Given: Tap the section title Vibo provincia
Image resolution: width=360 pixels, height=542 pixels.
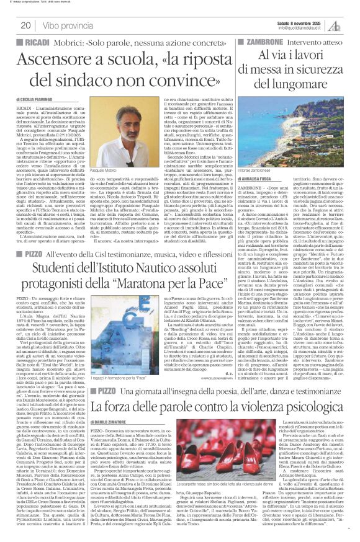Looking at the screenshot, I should (x=62, y=25).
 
